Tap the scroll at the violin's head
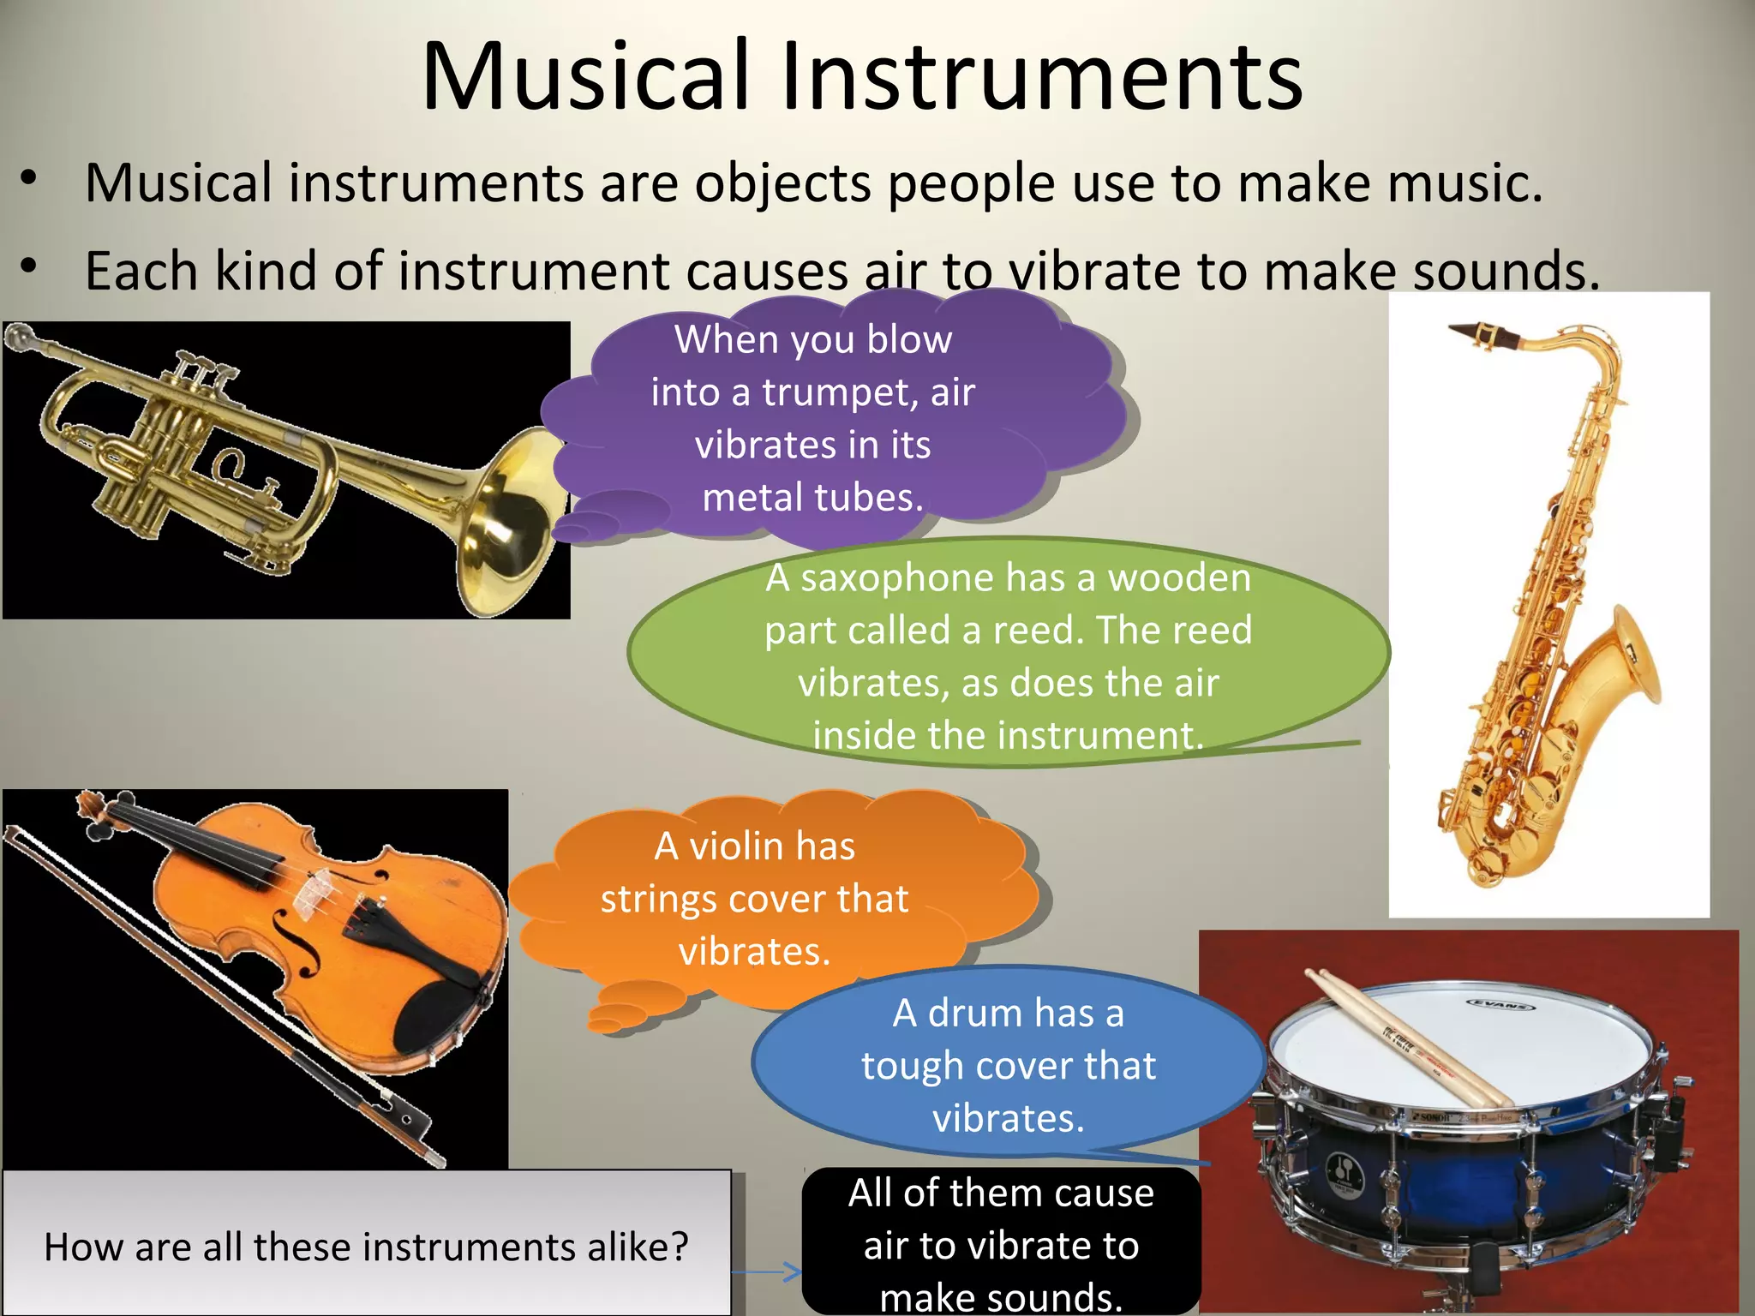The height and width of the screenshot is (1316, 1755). tap(89, 805)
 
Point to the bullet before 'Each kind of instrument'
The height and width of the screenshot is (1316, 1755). tap(29, 267)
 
